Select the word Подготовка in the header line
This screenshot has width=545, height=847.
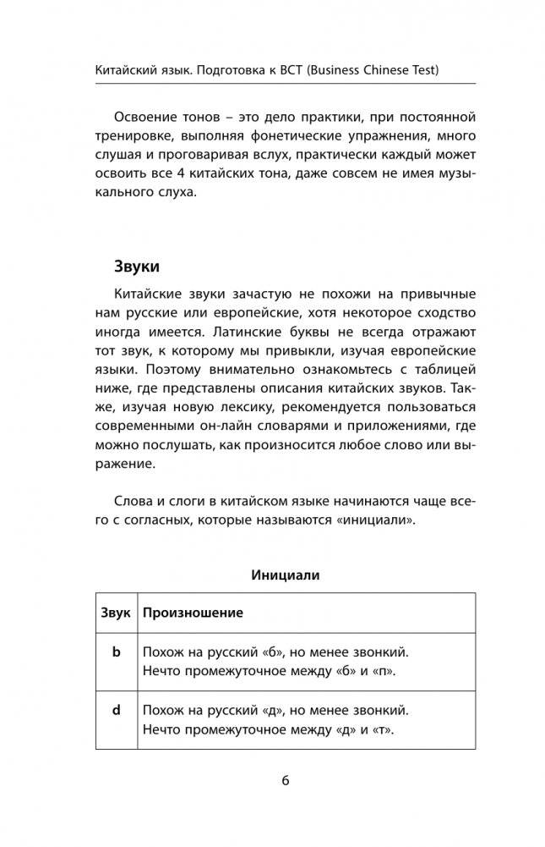tap(229, 71)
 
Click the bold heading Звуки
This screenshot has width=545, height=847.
tap(137, 266)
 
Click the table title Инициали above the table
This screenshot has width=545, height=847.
tap(285, 575)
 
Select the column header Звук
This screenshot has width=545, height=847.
tap(116, 613)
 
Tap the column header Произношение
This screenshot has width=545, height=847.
tap(193, 613)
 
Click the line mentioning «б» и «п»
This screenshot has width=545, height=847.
tap(270, 672)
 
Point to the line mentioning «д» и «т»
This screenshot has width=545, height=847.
tap(269, 729)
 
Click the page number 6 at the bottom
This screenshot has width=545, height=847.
tap(286, 780)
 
